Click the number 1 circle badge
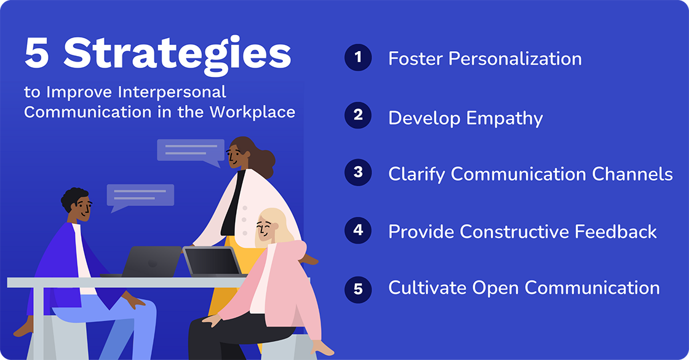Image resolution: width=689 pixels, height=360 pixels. coord(358,58)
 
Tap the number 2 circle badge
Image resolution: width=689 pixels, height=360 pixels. coord(358,116)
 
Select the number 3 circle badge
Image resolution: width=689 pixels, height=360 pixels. coord(358,173)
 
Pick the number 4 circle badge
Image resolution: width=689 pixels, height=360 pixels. coord(358,231)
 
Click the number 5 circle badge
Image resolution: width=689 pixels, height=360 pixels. coord(358,288)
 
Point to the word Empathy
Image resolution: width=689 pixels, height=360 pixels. coord(504,117)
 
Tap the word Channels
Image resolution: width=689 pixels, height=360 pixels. coord(632,174)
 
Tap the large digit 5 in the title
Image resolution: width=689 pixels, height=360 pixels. coord(37,54)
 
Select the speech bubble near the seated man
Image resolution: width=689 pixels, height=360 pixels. coord(140,196)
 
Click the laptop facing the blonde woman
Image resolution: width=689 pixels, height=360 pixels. coord(212,261)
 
